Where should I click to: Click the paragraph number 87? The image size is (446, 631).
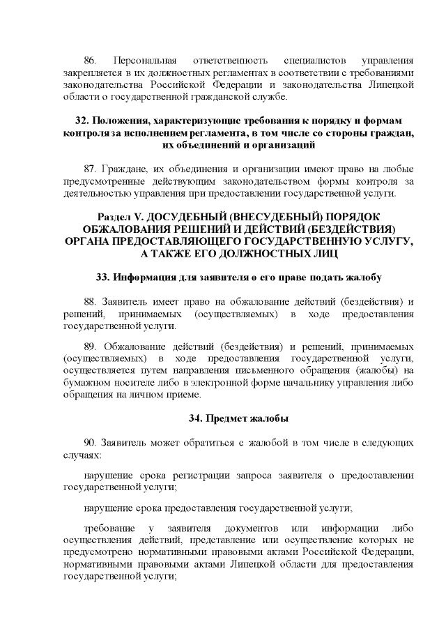[x=91, y=169]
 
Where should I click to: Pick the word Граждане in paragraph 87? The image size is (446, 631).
[x=124, y=169]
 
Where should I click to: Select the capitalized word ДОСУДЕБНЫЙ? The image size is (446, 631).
[x=195, y=217]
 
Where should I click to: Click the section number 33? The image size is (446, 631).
[x=104, y=277]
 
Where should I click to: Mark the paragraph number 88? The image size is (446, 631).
[x=91, y=301]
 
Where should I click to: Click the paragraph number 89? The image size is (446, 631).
[x=91, y=347]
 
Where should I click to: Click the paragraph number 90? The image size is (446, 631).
[x=91, y=443]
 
